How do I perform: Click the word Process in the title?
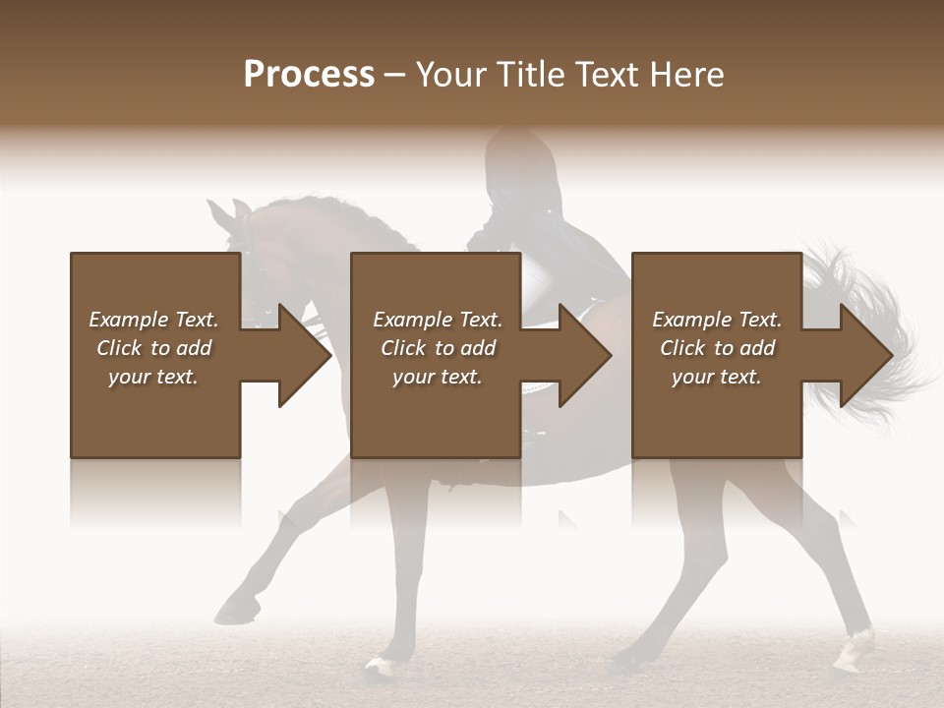point(309,75)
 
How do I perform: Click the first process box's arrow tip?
point(327,355)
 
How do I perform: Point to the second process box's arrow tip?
point(609,355)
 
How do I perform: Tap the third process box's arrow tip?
point(890,355)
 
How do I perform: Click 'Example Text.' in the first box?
point(153,320)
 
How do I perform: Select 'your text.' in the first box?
point(153,377)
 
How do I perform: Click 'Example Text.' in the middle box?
point(438,320)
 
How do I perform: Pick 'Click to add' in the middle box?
point(438,348)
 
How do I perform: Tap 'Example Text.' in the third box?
point(717,320)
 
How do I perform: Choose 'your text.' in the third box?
point(717,377)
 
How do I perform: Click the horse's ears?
point(229,210)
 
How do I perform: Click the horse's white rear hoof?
point(854,648)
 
